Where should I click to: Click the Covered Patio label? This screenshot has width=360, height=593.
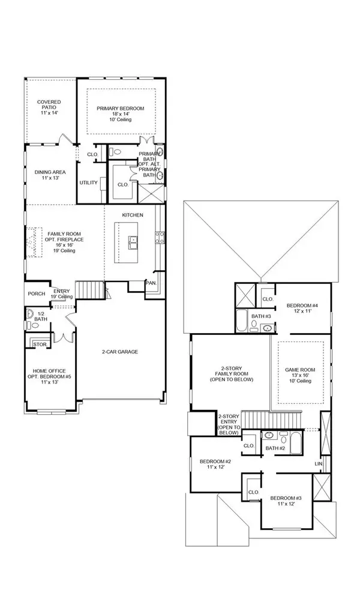point(50,107)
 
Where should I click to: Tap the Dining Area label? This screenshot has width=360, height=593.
point(50,175)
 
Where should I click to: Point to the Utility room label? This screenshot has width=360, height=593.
point(89,182)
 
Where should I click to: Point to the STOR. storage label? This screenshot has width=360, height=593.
point(40,345)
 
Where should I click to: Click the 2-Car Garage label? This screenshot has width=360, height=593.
point(119,352)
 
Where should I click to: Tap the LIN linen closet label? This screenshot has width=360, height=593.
point(319,464)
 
